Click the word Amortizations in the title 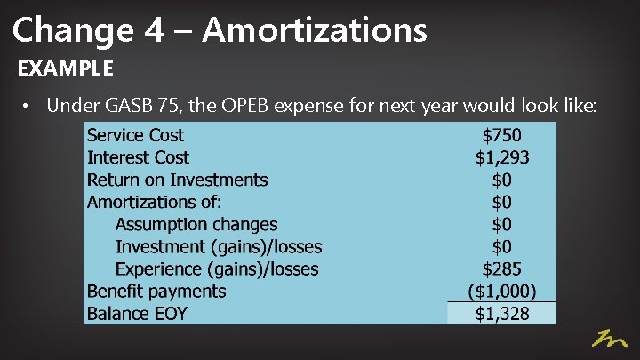[315, 29]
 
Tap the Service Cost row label [135, 135]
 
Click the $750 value [501, 135]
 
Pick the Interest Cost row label [138, 157]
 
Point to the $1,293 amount [502, 157]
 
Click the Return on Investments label [177, 180]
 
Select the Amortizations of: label [154, 202]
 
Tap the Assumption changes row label [196, 224]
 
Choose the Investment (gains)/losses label [219, 246]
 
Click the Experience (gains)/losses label [217, 268]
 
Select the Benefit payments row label [156, 291]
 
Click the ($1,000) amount [502, 291]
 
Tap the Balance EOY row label [137, 313]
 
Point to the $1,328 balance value [502, 313]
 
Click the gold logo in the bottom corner [611, 339]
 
